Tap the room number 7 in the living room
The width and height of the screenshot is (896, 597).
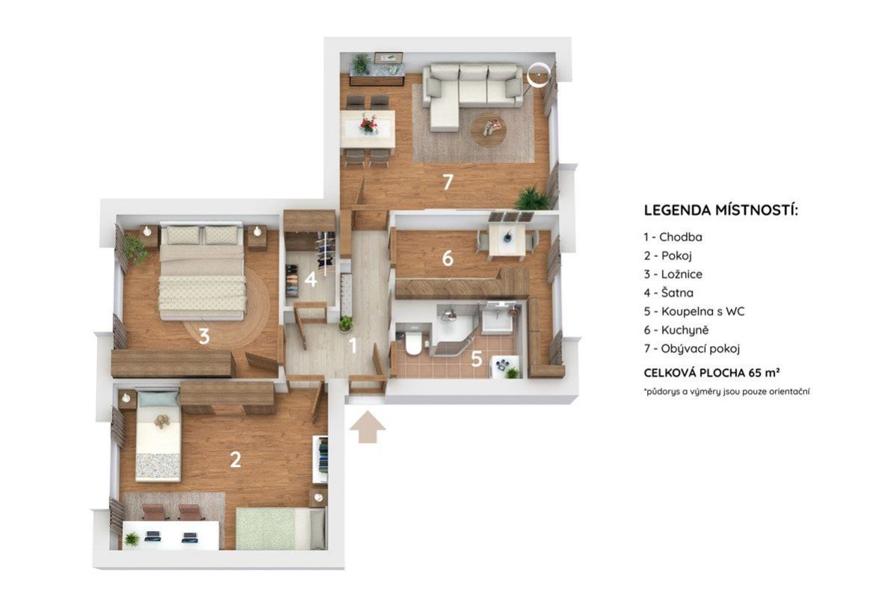click(448, 182)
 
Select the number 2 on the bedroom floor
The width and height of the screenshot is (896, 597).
click(235, 460)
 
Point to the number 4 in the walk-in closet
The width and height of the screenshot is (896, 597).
click(311, 279)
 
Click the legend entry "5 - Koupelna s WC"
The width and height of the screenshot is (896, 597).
click(693, 312)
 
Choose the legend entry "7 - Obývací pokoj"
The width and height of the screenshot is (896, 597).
click(691, 348)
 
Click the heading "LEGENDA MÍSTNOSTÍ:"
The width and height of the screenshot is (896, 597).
click(720, 210)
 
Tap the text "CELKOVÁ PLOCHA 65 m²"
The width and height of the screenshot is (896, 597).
click(712, 373)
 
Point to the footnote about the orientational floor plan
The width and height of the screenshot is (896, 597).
click(726, 392)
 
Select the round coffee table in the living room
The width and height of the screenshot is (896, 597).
click(489, 130)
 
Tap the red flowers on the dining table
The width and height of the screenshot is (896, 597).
click(368, 123)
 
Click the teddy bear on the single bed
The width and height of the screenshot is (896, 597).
click(161, 421)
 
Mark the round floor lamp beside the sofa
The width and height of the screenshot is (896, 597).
click(538, 75)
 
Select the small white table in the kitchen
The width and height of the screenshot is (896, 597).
click(507, 240)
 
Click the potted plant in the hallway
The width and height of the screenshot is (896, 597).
click(345, 324)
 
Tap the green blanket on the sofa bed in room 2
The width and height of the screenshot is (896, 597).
click(265, 528)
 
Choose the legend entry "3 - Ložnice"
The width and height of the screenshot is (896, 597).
click(673, 274)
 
